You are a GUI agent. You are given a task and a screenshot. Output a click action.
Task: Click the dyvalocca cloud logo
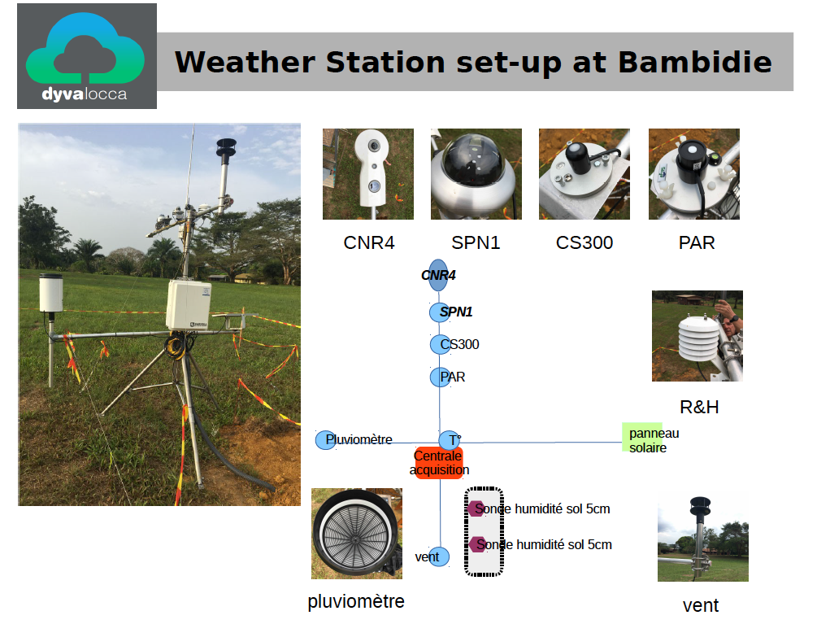(x=87, y=55)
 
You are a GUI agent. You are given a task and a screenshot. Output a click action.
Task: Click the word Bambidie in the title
(x=695, y=62)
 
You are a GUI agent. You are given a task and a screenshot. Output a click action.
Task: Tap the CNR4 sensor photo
(x=368, y=174)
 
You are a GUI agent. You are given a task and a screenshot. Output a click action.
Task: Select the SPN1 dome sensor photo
(x=476, y=174)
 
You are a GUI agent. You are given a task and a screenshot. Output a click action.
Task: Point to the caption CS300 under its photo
(x=584, y=242)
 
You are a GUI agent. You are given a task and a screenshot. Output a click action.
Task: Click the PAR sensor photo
(x=694, y=174)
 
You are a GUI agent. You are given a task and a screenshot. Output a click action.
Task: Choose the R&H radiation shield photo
(x=697, y=336)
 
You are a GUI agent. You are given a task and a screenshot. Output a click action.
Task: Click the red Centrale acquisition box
(x=439, y=463)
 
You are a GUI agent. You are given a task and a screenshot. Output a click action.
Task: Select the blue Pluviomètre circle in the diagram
(x=325, y=439)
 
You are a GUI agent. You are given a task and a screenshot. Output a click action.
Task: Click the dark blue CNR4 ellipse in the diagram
(x=437, y=275)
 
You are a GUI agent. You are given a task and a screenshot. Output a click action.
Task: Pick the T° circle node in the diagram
(x=449, y=439)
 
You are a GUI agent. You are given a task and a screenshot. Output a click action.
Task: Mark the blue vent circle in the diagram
(x=439, y=556)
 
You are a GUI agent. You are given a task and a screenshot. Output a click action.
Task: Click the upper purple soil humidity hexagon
(x=476, y=508)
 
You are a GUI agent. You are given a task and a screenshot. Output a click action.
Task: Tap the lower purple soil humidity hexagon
(x=477, y=544)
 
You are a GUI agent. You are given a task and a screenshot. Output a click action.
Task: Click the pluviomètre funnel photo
(x=357, y=534)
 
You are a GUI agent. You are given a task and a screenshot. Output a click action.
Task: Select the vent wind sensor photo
(x=703, y=539)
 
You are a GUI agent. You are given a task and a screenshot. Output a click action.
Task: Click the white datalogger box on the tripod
(x=189, y=306)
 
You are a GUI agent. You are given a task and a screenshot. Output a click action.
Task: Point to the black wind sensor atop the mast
(x=226, y=148)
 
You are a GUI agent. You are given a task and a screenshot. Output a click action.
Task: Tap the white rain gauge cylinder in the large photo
(x=51, y=293)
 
